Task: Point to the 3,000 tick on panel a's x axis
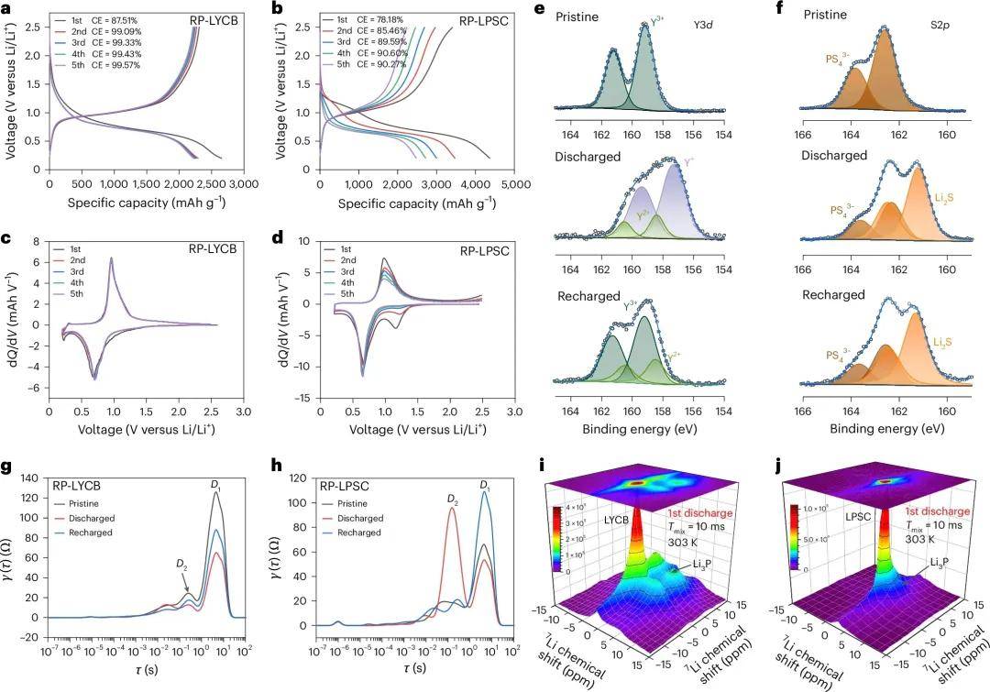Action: click(244, 183)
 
